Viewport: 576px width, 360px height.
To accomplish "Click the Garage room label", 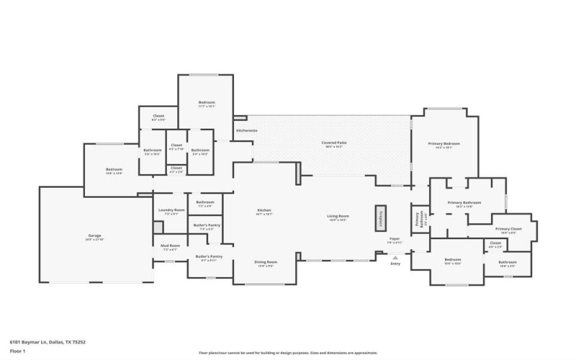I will click(x=94, y=235).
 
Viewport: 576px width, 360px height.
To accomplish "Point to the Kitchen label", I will click(x=264, y=210).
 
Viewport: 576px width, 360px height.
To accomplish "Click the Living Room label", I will click(x=338, y=216).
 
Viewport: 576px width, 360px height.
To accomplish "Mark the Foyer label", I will click(x=395, y=238).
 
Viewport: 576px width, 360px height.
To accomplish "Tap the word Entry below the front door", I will click(x=395, y=264).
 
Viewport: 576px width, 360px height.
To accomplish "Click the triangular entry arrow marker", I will click(x=395, y=256).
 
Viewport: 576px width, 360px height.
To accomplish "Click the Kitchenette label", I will click(x=247, y=130).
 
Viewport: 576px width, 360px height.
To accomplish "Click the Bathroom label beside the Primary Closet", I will click(x=508, y=262).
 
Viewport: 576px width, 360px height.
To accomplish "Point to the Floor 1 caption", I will click(x=17, y=351).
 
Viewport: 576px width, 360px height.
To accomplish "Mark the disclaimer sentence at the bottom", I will click(x=288, y=354).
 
